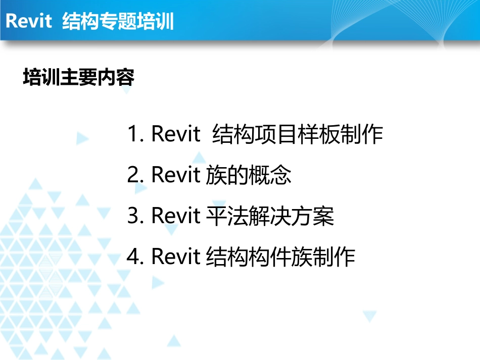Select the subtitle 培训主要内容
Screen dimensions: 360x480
click(x=79, y=78)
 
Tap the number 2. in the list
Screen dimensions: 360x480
click(x=136, y=175)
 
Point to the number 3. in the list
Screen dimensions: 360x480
click(x=136, y=216)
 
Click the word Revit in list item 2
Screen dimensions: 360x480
click(x=176, y=175)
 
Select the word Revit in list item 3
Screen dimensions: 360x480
click(x=176, y=216)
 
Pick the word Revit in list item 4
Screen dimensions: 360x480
click(x=176, y=257)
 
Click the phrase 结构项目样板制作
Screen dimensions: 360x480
click(x=298, y=135)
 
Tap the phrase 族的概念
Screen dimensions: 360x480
click(x=249, y=176)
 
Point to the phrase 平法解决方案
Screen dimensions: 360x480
click(x=270, y=217)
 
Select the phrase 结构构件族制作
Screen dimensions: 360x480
click(x=281, y=258)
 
